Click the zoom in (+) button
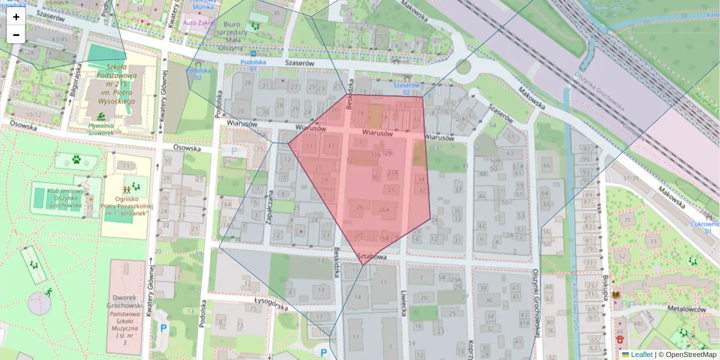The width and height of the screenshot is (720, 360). point(16,17)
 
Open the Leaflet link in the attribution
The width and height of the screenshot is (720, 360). point(641,355)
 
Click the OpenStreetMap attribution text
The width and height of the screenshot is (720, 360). point(690,355)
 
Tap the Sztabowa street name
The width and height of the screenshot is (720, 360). point(370,257)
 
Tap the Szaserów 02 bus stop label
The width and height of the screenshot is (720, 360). point(406,89)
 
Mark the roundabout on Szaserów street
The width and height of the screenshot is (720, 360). point(463,67)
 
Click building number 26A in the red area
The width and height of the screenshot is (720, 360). point(384,209)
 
